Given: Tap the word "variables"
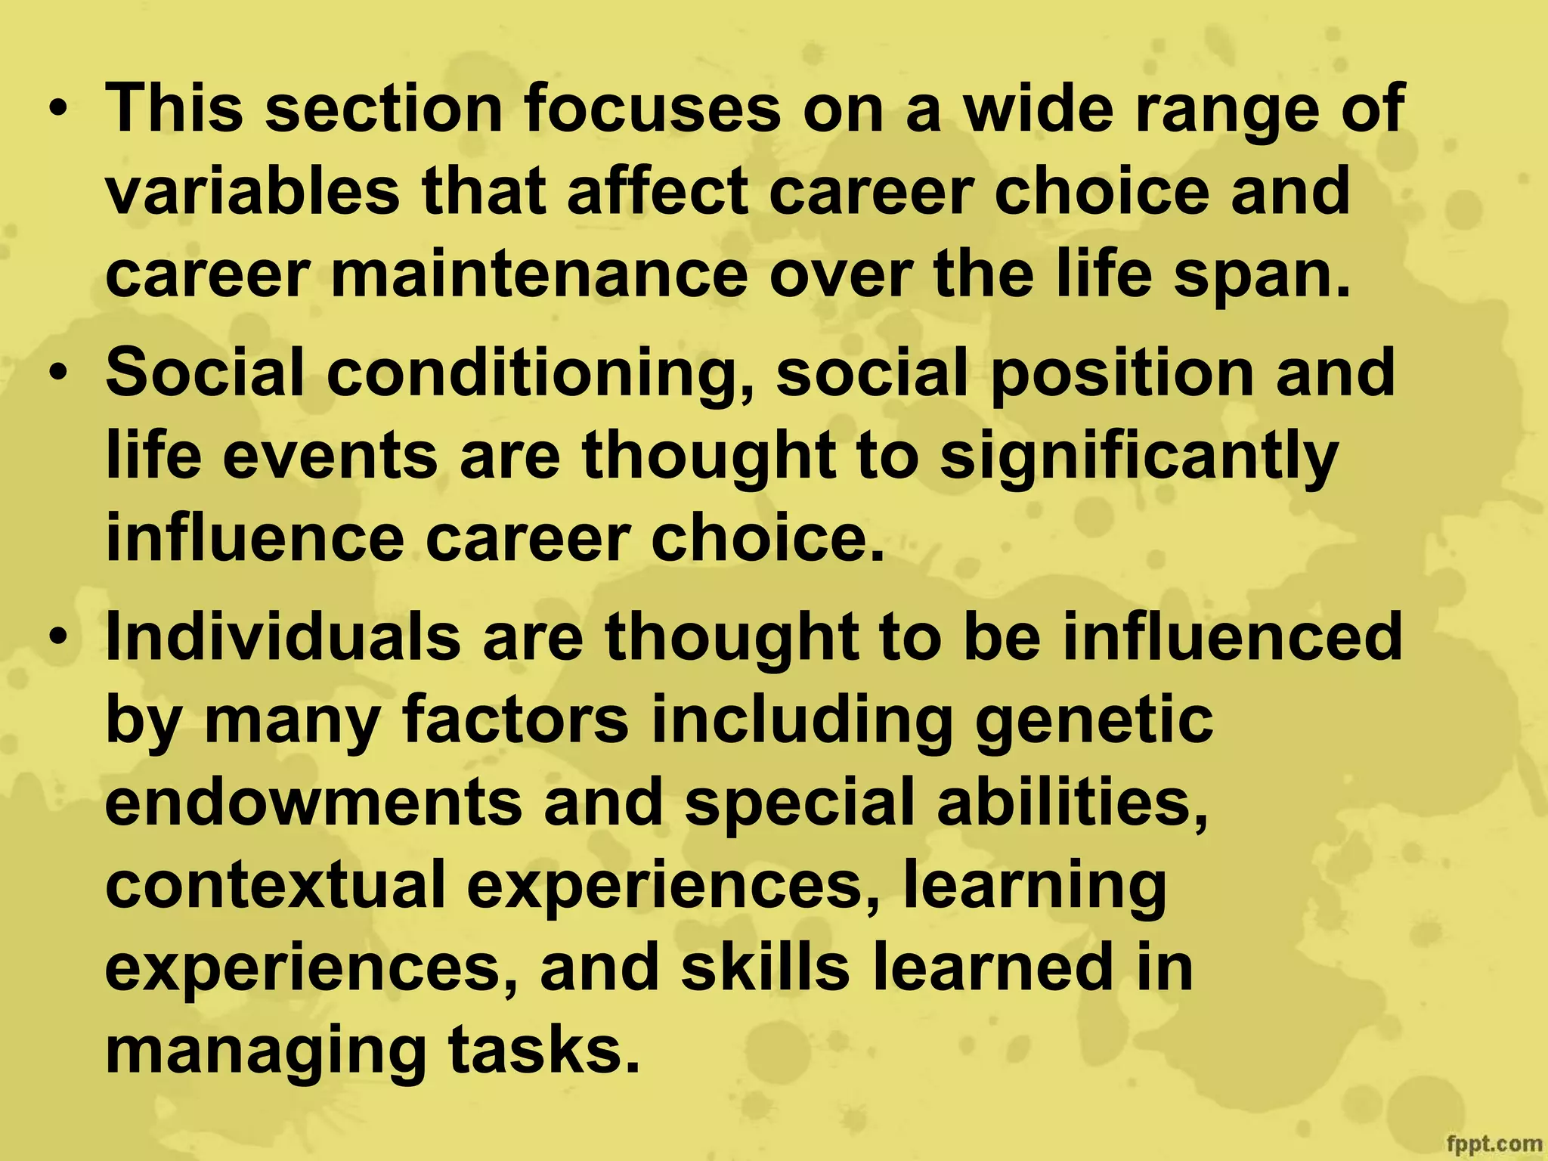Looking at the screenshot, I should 252,192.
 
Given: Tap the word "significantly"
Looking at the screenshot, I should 1138,458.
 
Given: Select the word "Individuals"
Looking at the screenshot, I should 283,636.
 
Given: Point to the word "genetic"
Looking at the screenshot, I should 1094,721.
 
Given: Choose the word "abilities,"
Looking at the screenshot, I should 1072,803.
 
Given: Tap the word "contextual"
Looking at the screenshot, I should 275,886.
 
